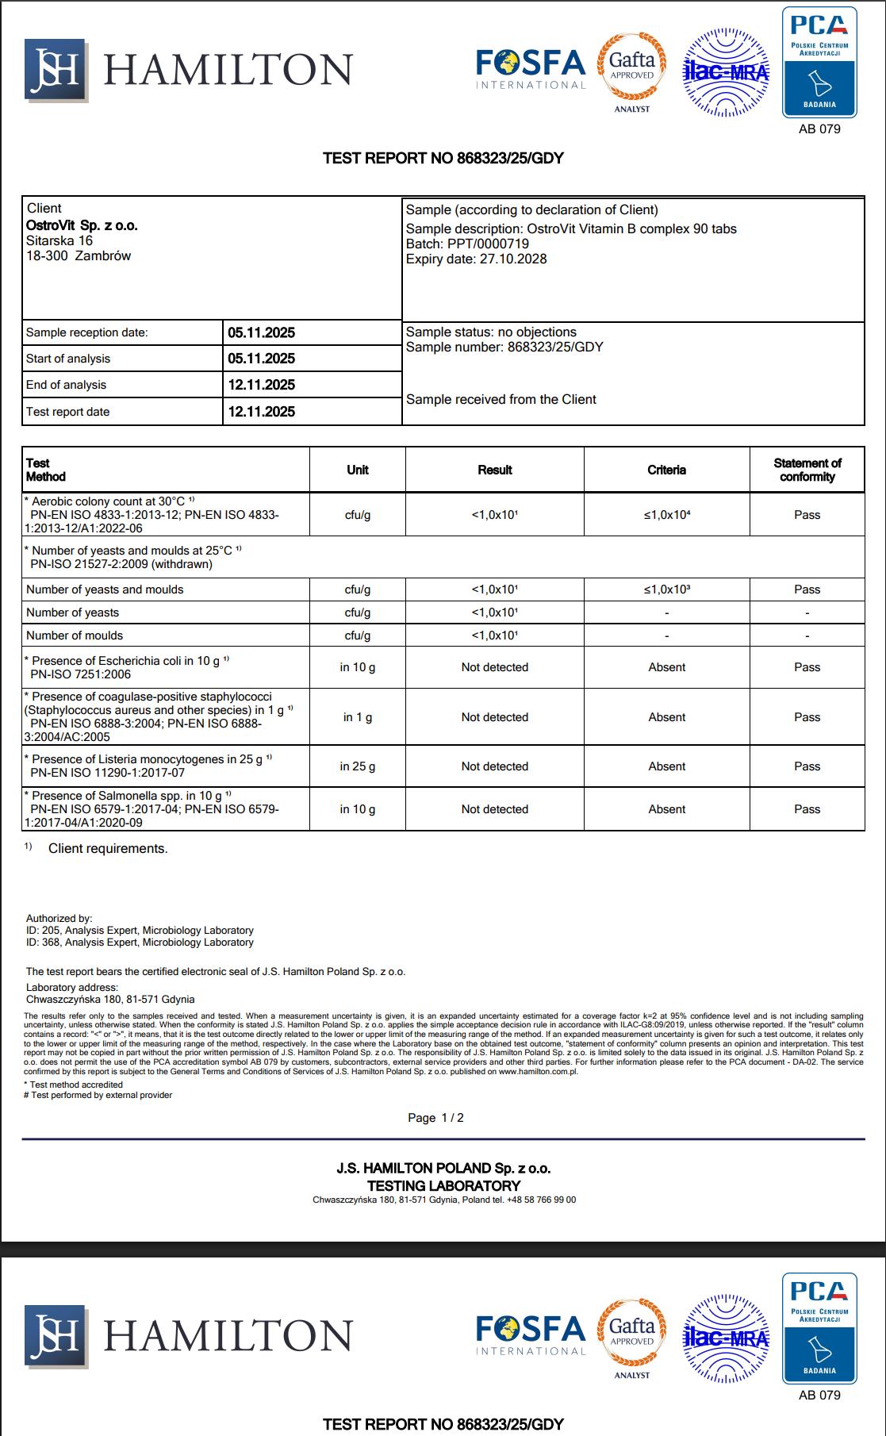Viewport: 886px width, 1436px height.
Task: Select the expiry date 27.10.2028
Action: click(513, 259)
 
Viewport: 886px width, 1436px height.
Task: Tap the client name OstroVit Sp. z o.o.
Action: click(82, 225)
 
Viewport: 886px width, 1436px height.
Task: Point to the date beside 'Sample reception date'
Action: click(261, 332)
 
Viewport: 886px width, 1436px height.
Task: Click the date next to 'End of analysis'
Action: click(261, 385)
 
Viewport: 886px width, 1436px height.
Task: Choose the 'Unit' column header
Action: click(357, 470)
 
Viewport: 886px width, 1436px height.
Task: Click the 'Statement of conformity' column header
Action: click(807, 470)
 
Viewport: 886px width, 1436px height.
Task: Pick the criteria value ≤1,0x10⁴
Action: click(666, 515)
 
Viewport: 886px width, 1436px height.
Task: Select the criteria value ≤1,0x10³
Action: click(666, 589)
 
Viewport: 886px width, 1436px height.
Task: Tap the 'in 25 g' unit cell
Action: click(357, 766)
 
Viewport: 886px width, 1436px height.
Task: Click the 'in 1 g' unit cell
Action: click(357, 717)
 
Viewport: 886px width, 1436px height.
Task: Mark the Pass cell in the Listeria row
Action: click(807, 766)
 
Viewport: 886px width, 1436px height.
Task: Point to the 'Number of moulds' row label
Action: click(75, 635)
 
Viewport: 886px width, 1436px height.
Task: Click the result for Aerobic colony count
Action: click(494, 515)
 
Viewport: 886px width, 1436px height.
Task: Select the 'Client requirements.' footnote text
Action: click(108, 849)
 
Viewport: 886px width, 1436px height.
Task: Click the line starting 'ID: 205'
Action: click(140, 931)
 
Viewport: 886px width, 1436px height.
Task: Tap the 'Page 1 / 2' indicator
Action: click(435, 1118)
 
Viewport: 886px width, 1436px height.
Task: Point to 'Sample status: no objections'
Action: click(491, 332)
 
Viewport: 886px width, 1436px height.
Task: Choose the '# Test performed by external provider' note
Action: click(98, 1095)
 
